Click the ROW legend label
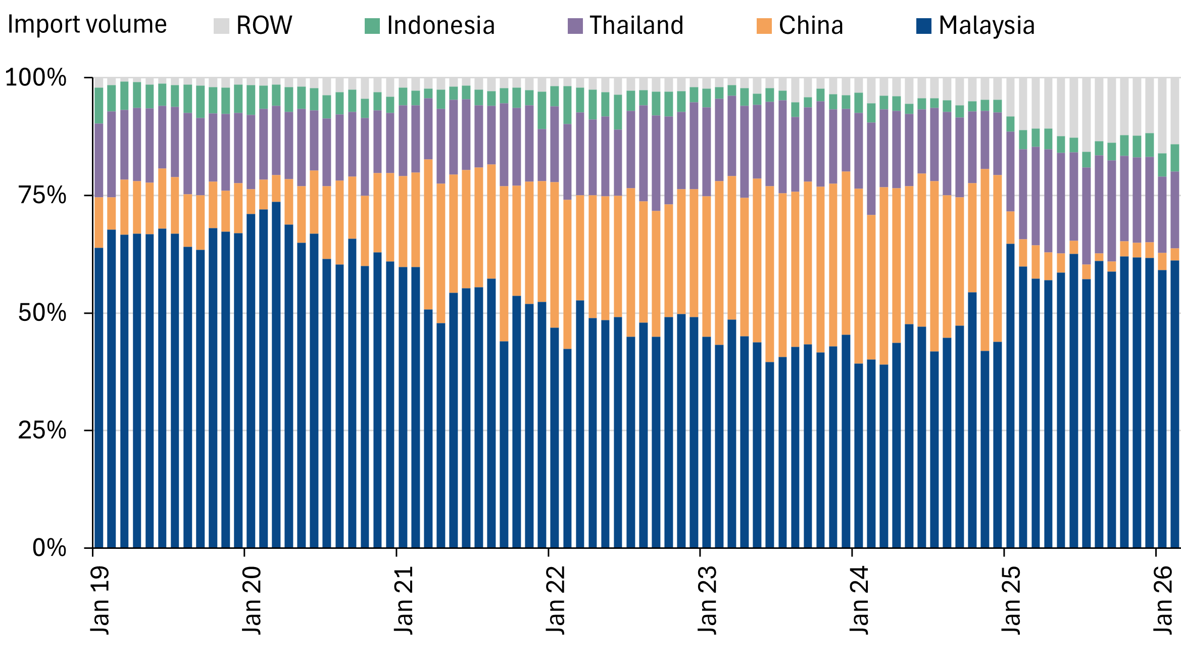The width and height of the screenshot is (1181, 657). click(x=264, y=25)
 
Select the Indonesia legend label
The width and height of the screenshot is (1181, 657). click(x=441, y=25)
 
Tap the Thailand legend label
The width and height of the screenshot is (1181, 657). click(x=636, y=25)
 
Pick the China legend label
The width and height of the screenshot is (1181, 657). click(x=811, y=25)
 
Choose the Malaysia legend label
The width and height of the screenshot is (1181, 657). click(x=987, y=25)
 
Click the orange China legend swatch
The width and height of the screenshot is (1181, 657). click(x=764, y=26)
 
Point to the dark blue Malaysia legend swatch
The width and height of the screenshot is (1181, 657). click(x=924, y=26)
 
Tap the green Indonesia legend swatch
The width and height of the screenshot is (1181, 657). click(x=372, y=26)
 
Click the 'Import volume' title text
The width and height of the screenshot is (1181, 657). click(x=87, y=24)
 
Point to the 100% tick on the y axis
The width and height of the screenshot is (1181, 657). click(x=36, y=77)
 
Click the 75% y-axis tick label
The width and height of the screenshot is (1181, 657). click(x=42, y=195)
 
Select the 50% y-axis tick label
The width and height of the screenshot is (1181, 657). click(x=42, y=313)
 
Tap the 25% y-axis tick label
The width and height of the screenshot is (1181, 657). click(x=42, y=430)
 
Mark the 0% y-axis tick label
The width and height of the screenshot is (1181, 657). click(x=50, y=548)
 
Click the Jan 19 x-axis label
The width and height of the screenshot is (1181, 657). click(x=100, y=600)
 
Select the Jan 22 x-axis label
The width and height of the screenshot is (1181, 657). click(x=556, y=600)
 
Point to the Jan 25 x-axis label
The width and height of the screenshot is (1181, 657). click(x=1011, y=600)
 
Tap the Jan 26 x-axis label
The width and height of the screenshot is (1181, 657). click(x=1163, y=600)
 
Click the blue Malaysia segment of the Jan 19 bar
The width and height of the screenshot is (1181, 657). click(x=99, y=398)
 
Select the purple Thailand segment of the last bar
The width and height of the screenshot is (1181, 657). click(x=1175, y=210)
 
